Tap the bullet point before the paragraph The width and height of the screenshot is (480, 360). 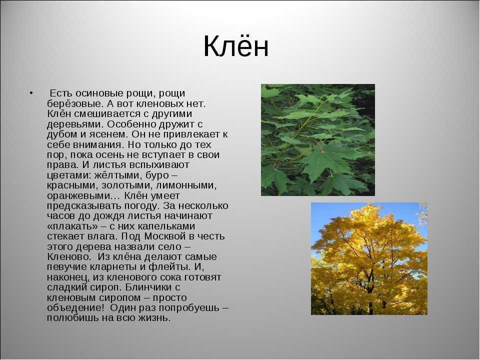coord(31,93)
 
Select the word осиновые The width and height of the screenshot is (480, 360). coord(100,93)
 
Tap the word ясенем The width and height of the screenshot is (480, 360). coord(108,134)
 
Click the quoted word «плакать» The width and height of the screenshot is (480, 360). coord(72,226)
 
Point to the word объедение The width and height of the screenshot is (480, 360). coord(75,307)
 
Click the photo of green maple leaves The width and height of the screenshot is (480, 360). coord(318,140)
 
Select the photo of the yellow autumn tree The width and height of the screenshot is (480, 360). coord(369,258)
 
